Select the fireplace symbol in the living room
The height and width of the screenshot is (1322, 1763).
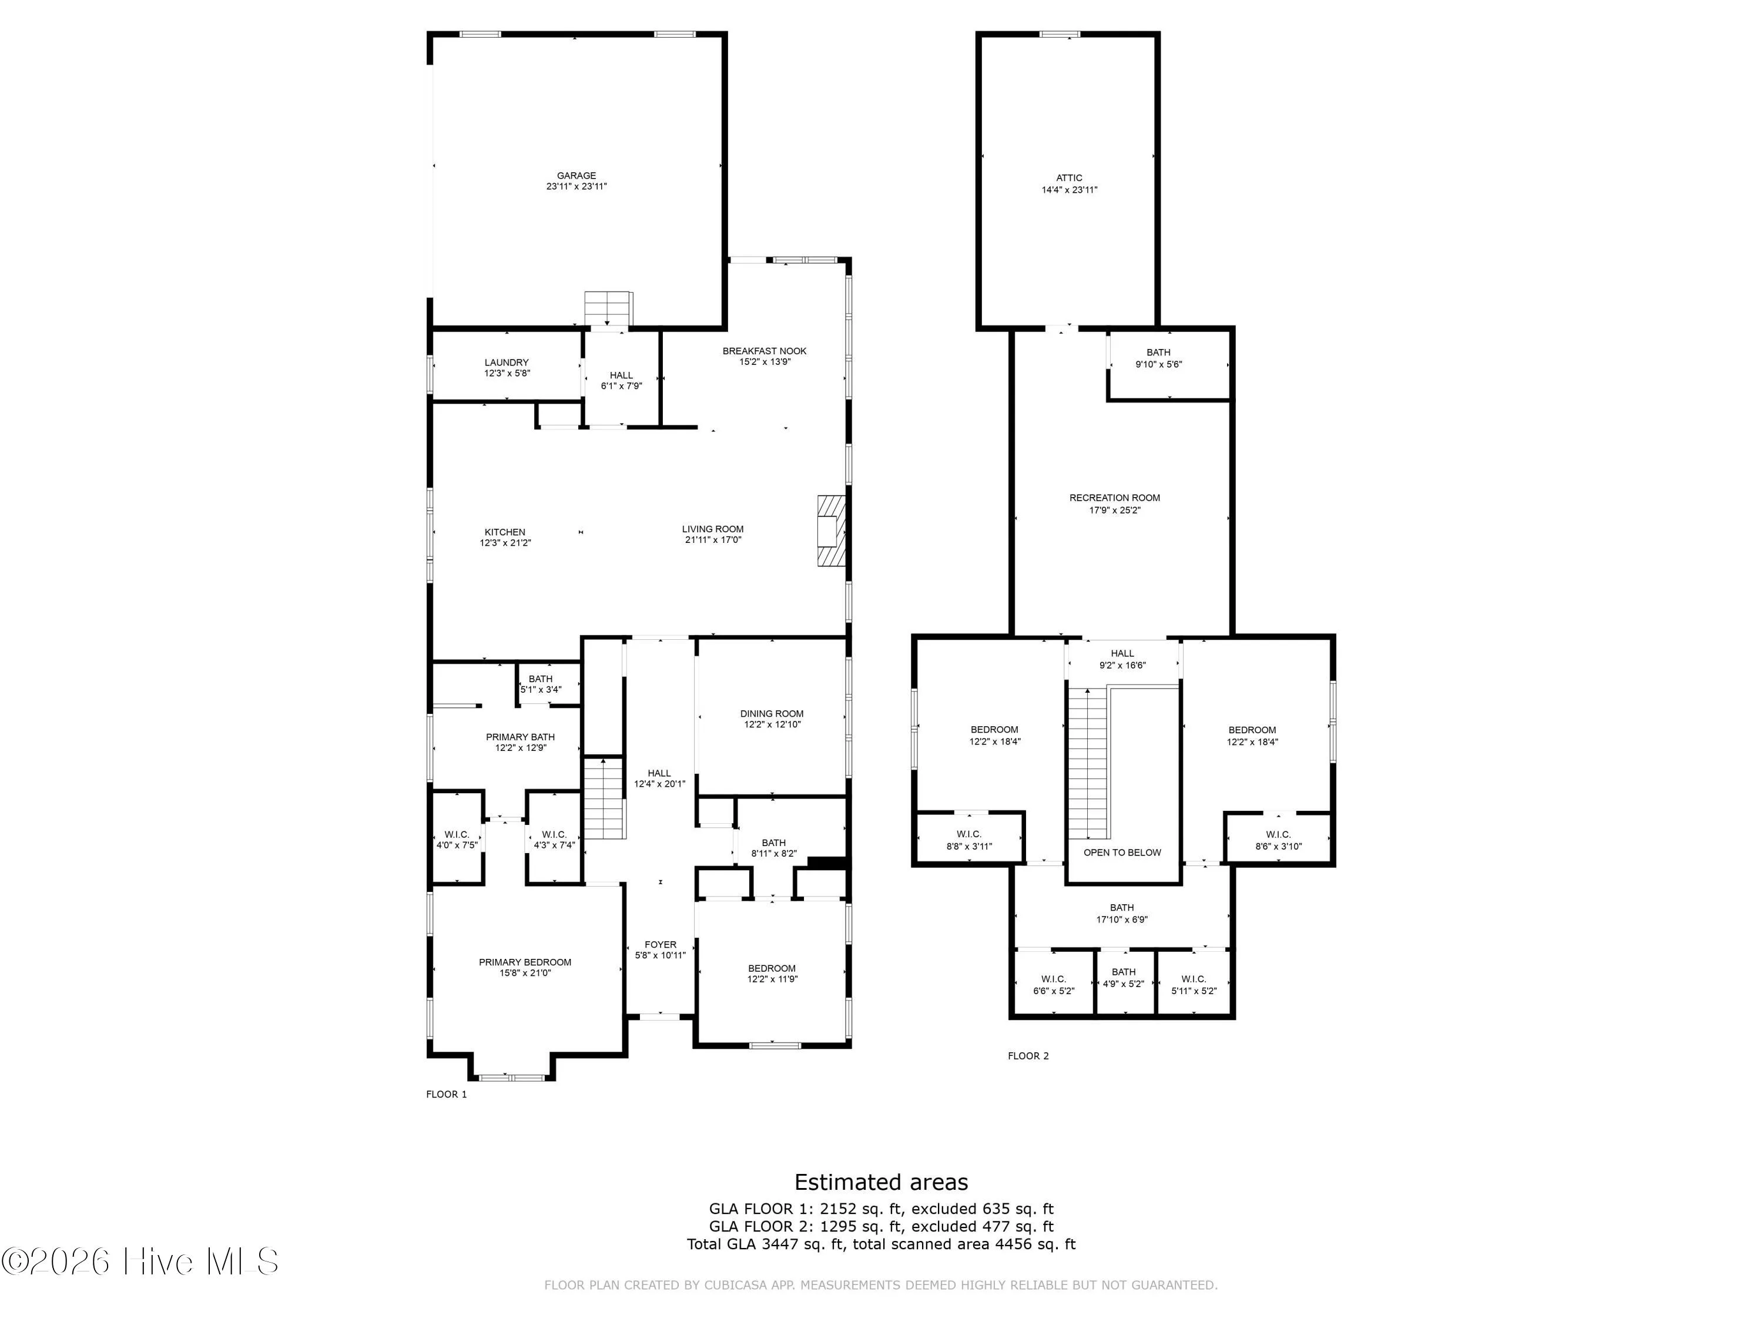tap(830, 531)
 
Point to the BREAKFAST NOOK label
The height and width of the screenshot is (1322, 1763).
tap(765, 351)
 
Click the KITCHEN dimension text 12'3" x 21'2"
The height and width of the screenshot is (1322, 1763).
tap(505, 543)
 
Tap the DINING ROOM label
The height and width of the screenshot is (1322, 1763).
tap(772, 714)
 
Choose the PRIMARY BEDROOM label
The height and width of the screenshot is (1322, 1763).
tap(525, 962)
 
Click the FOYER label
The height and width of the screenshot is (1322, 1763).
tap(661, 945)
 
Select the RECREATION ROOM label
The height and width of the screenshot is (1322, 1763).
tap(1115, 498)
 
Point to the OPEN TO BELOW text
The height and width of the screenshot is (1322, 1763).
tap(1122, 853)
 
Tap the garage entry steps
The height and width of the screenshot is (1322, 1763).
tap(608, 309)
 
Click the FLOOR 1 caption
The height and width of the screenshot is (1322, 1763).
tap(446, 1094)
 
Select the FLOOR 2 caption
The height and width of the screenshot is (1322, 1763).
tap(1028, 1056)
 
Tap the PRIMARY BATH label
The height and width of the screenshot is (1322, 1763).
tap(521, 737)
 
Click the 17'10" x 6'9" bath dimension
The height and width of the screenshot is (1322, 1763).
tap(1122, 920)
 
